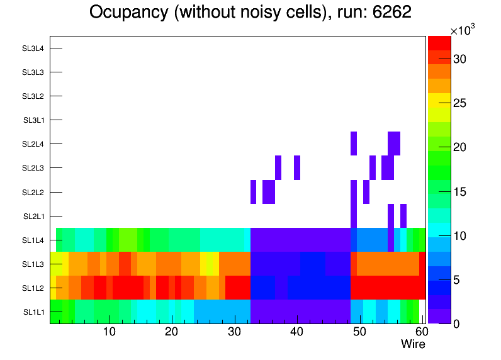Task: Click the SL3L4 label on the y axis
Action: [33, 48]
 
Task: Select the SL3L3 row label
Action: [33, 72]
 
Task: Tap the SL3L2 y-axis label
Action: [33, 96]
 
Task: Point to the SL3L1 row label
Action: [33, 120]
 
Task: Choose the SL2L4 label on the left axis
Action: [33, 144]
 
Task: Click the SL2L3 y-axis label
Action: [33, 168]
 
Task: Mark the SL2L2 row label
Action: [33, 192]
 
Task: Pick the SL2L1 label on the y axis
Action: [33, 217]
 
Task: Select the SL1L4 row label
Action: [33, 240]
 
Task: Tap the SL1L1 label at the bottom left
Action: [34, 312]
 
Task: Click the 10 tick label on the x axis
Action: [110, 332]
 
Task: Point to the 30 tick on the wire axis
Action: [234, 332]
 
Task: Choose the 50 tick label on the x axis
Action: [359, 332]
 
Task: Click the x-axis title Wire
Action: [413, 344]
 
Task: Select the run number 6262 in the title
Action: [390, 13]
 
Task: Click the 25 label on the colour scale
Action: [459, 103]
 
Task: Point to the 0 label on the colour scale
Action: [456, 323]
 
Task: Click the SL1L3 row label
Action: [33, 264]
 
